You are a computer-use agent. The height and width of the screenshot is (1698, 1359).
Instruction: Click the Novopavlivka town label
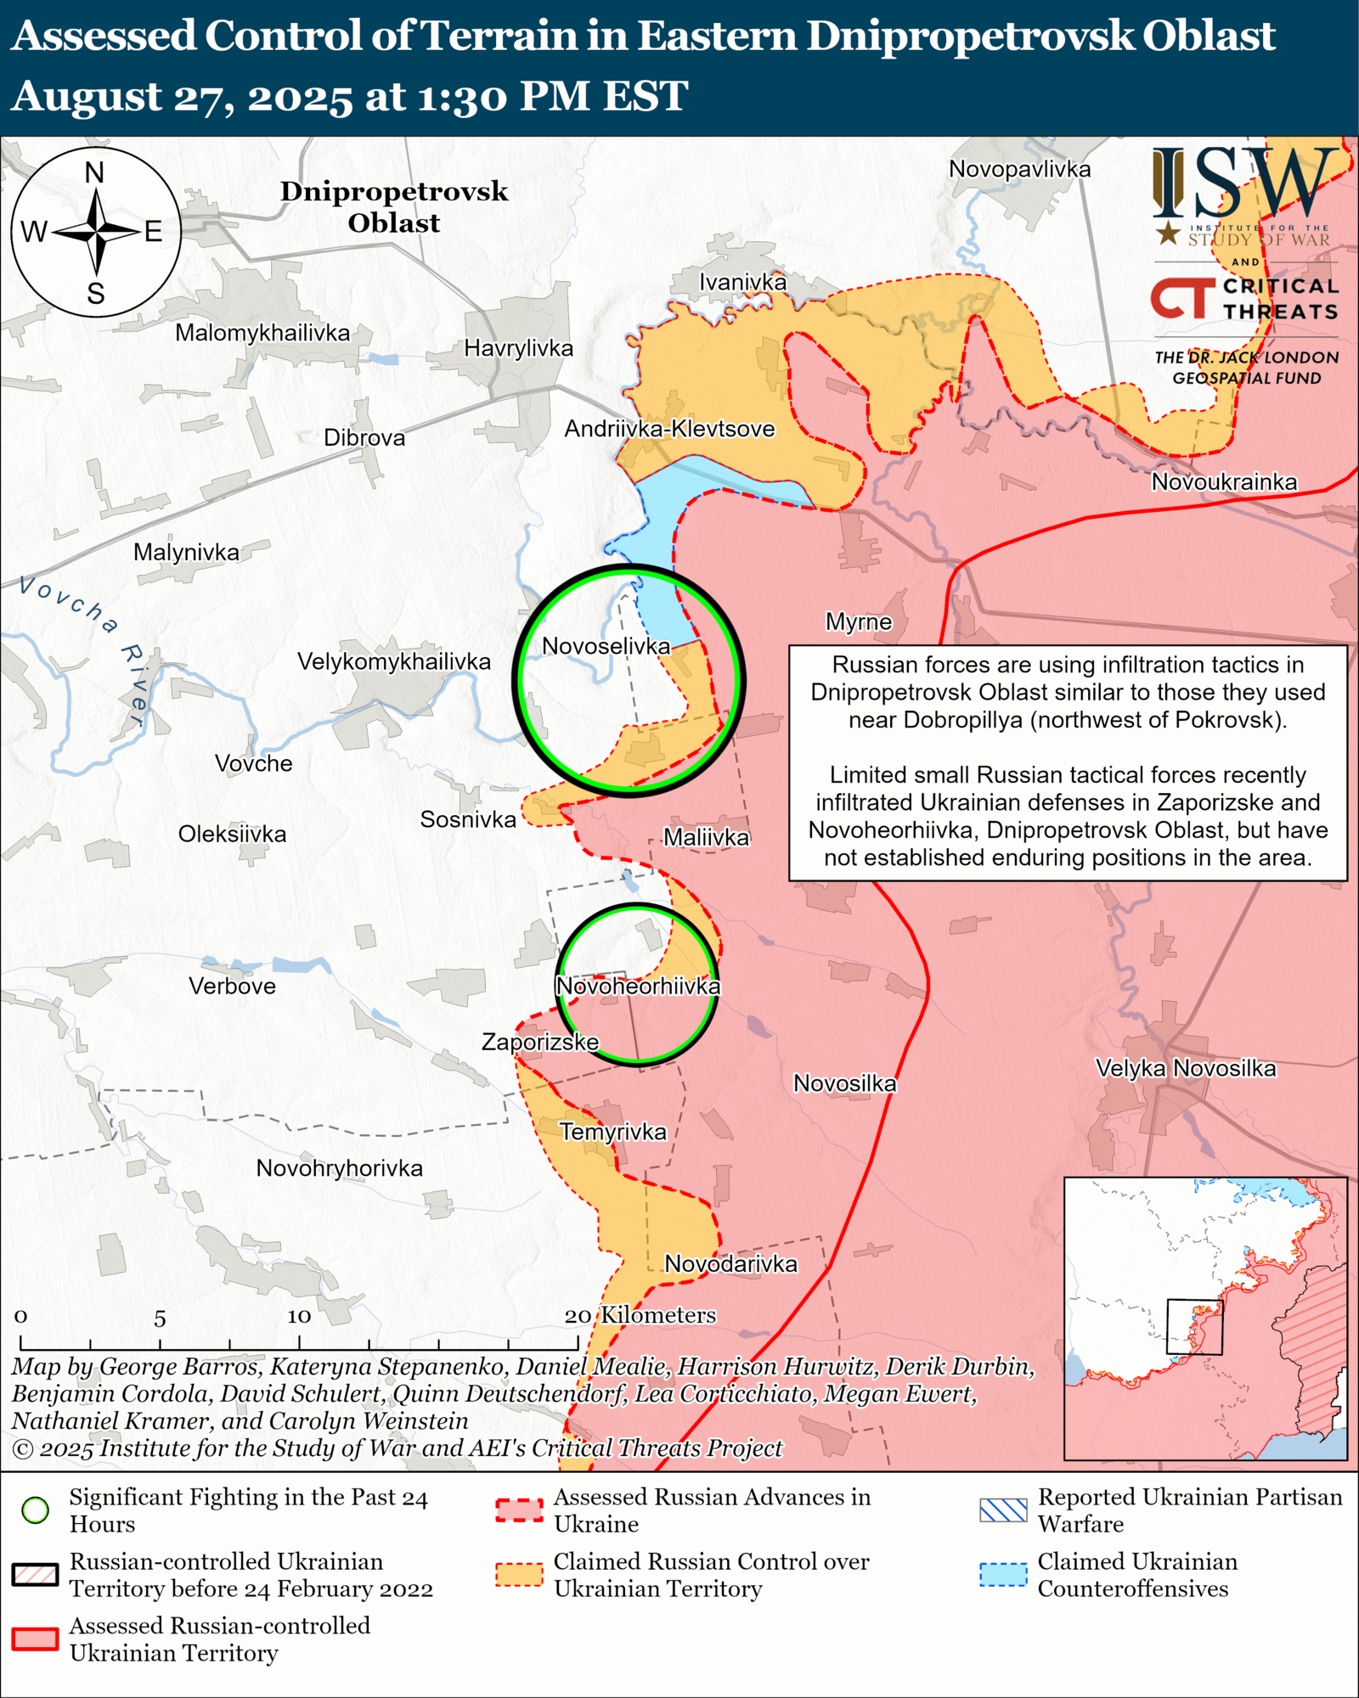[1019, 169]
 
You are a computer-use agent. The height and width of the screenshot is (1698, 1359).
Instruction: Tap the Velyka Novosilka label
[1186, 1068]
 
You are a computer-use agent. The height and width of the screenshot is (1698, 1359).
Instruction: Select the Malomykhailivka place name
[262, 333]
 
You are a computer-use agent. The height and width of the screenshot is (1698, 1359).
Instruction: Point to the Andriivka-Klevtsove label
[669, 429]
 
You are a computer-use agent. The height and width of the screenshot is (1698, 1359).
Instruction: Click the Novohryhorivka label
[339, 1168]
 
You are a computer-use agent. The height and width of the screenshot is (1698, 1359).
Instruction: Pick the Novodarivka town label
[730, 1264]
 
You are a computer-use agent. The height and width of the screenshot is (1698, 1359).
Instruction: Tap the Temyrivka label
[613, 1132]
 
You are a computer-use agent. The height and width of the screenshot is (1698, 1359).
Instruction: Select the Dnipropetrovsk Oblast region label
[394, 207]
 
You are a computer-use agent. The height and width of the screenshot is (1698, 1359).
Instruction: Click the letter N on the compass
[95, 173]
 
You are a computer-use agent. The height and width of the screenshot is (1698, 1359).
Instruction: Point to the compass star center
[97, 231]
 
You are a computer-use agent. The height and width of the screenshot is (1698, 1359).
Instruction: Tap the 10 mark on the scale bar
[299, 1317]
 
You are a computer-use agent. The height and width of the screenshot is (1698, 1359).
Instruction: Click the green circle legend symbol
[36, 1510]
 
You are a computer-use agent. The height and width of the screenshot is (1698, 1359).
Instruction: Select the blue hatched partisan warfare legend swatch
[1003, 1510]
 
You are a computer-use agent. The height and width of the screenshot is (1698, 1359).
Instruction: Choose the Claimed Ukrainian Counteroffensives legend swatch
[1003, 1575]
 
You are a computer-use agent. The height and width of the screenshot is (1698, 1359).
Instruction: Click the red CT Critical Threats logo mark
[1181, 298]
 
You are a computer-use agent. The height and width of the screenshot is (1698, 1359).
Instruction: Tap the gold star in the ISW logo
[1169, 233]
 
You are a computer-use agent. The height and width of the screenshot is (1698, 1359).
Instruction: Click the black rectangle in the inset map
[1194, 1327]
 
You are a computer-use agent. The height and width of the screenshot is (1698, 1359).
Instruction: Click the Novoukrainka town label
[1224, 482]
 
